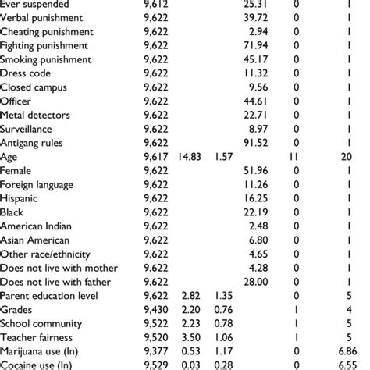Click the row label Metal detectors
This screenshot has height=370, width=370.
(36, 115)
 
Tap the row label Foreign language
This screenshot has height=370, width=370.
(37, 185)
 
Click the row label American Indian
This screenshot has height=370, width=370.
(37, 227)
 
